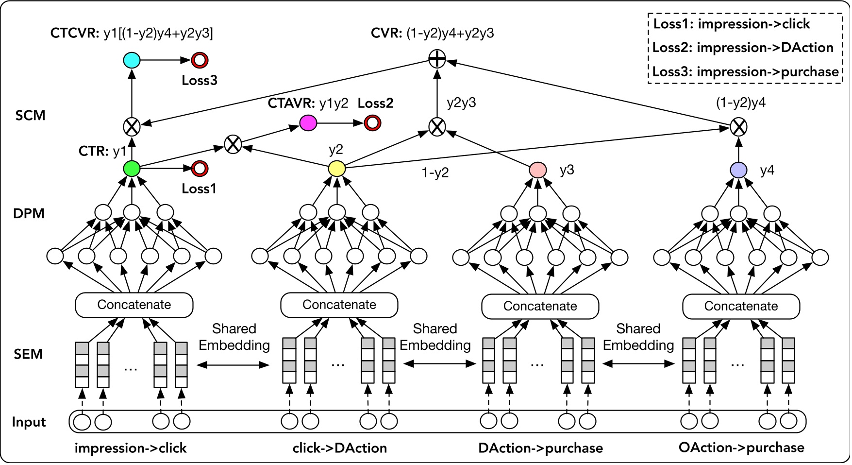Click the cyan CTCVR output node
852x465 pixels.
(x=132, y=60)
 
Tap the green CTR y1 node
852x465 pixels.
(x=132, y=169)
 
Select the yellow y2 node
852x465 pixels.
(x=336, y=169)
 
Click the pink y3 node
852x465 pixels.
(x=537, y=170)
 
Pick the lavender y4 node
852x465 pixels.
(x=738, y=170)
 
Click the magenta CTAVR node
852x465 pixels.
(x=308, y=123)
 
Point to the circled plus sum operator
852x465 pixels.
(x=437, y=60)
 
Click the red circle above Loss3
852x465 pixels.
(x=200, y=60)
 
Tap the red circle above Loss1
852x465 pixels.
(x=200, y=169)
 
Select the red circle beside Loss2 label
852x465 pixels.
(x=372, y=123)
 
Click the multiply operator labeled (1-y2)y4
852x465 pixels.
(x=738, y=127)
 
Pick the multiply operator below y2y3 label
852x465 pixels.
(x=437, y=127)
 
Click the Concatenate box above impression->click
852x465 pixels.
(x=134, y=305)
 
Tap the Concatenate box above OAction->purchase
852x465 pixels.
(x=741, y=306)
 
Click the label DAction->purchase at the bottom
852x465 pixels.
(x=540, y=448)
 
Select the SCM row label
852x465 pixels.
(x=30, y=116)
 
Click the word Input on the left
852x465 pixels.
(x=29, y=422)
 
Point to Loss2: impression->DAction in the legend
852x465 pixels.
(x=743, y=48)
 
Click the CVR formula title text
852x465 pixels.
(x=432, y=33)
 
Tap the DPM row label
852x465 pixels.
(x=29, y=213)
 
